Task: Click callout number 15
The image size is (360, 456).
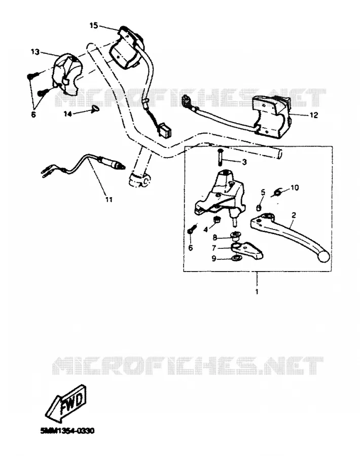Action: [x=94, y=26]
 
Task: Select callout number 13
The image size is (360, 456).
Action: [x=35, y=52]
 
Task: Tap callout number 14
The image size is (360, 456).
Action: [x=68, y=115]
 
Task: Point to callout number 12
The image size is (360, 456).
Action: [x=314, y=115]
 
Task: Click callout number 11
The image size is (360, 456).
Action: [x=109, y=200]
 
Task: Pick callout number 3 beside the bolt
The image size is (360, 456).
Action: [x=244, y=162]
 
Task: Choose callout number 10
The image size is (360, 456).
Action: [x=295, y=187]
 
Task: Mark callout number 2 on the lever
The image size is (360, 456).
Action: [x=294, y=215]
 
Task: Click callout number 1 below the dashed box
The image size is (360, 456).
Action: [x=257, y=291]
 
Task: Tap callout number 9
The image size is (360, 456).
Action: [x=214, y=258]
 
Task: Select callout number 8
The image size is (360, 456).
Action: [x=215, y=238]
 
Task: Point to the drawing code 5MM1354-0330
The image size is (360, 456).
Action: [x=67, y=431]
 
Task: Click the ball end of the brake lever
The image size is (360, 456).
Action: [x=324, y=257]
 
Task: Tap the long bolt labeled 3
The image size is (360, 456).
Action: [x=220, y=157]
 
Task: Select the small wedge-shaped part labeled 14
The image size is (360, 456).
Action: [x=95, y=109]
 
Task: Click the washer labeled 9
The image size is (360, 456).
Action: [x=235, y=258]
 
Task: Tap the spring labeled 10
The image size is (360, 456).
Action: [x=278, y=192]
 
